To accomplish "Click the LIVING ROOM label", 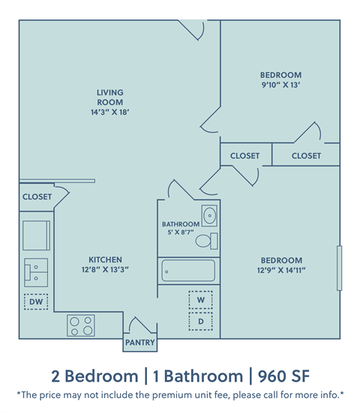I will coord(109,97).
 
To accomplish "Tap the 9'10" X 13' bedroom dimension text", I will coord(280,85).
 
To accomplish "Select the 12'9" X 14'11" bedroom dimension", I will coord(280,271).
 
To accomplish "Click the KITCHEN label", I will coord(104,259).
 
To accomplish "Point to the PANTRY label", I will coord(140,343).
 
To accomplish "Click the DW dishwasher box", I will coord(35,301).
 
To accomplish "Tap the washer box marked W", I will coord(200,300).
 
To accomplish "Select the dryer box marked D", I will coord(200,322).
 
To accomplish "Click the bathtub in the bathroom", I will coord(187,270).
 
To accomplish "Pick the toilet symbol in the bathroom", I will coord(207,241).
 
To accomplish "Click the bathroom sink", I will coord(210,216).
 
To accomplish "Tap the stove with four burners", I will coord(81,325).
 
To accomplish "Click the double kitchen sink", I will coord(35,271).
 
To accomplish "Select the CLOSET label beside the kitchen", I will coord(37,197).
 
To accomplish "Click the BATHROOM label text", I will coord(181,224).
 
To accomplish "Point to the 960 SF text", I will coord(281,375).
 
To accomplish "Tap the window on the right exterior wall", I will coord(340,268).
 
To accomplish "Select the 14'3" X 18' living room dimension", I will coord(109,113).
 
